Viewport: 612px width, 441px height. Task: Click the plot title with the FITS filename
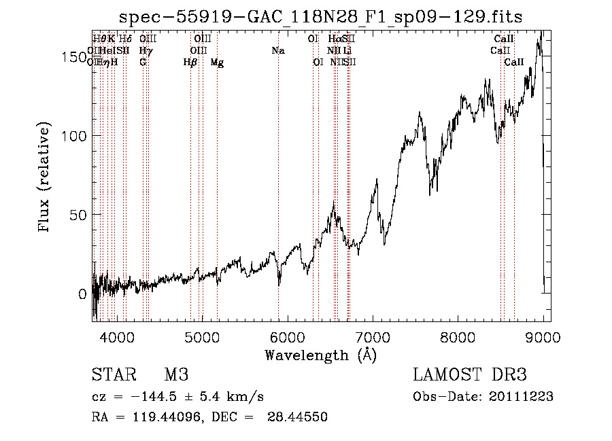tap(321, 17)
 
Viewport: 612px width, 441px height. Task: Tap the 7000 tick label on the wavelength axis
tap(373, 336)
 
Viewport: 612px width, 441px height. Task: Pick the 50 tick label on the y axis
tap(77, 215)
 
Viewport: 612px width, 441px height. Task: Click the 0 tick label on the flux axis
tap(82, 294)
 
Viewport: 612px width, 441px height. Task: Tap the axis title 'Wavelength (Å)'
tap(320, 355)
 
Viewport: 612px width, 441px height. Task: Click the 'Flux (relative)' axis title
tap(46, 178)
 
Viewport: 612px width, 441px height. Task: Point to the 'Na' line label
tap(277, 51)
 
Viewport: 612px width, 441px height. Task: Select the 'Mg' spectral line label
tap(217, 63)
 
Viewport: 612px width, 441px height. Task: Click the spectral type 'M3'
tap(175, 375)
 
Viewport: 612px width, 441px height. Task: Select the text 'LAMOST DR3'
tap(470, 375)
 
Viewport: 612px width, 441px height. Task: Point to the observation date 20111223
tap(520, 396)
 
